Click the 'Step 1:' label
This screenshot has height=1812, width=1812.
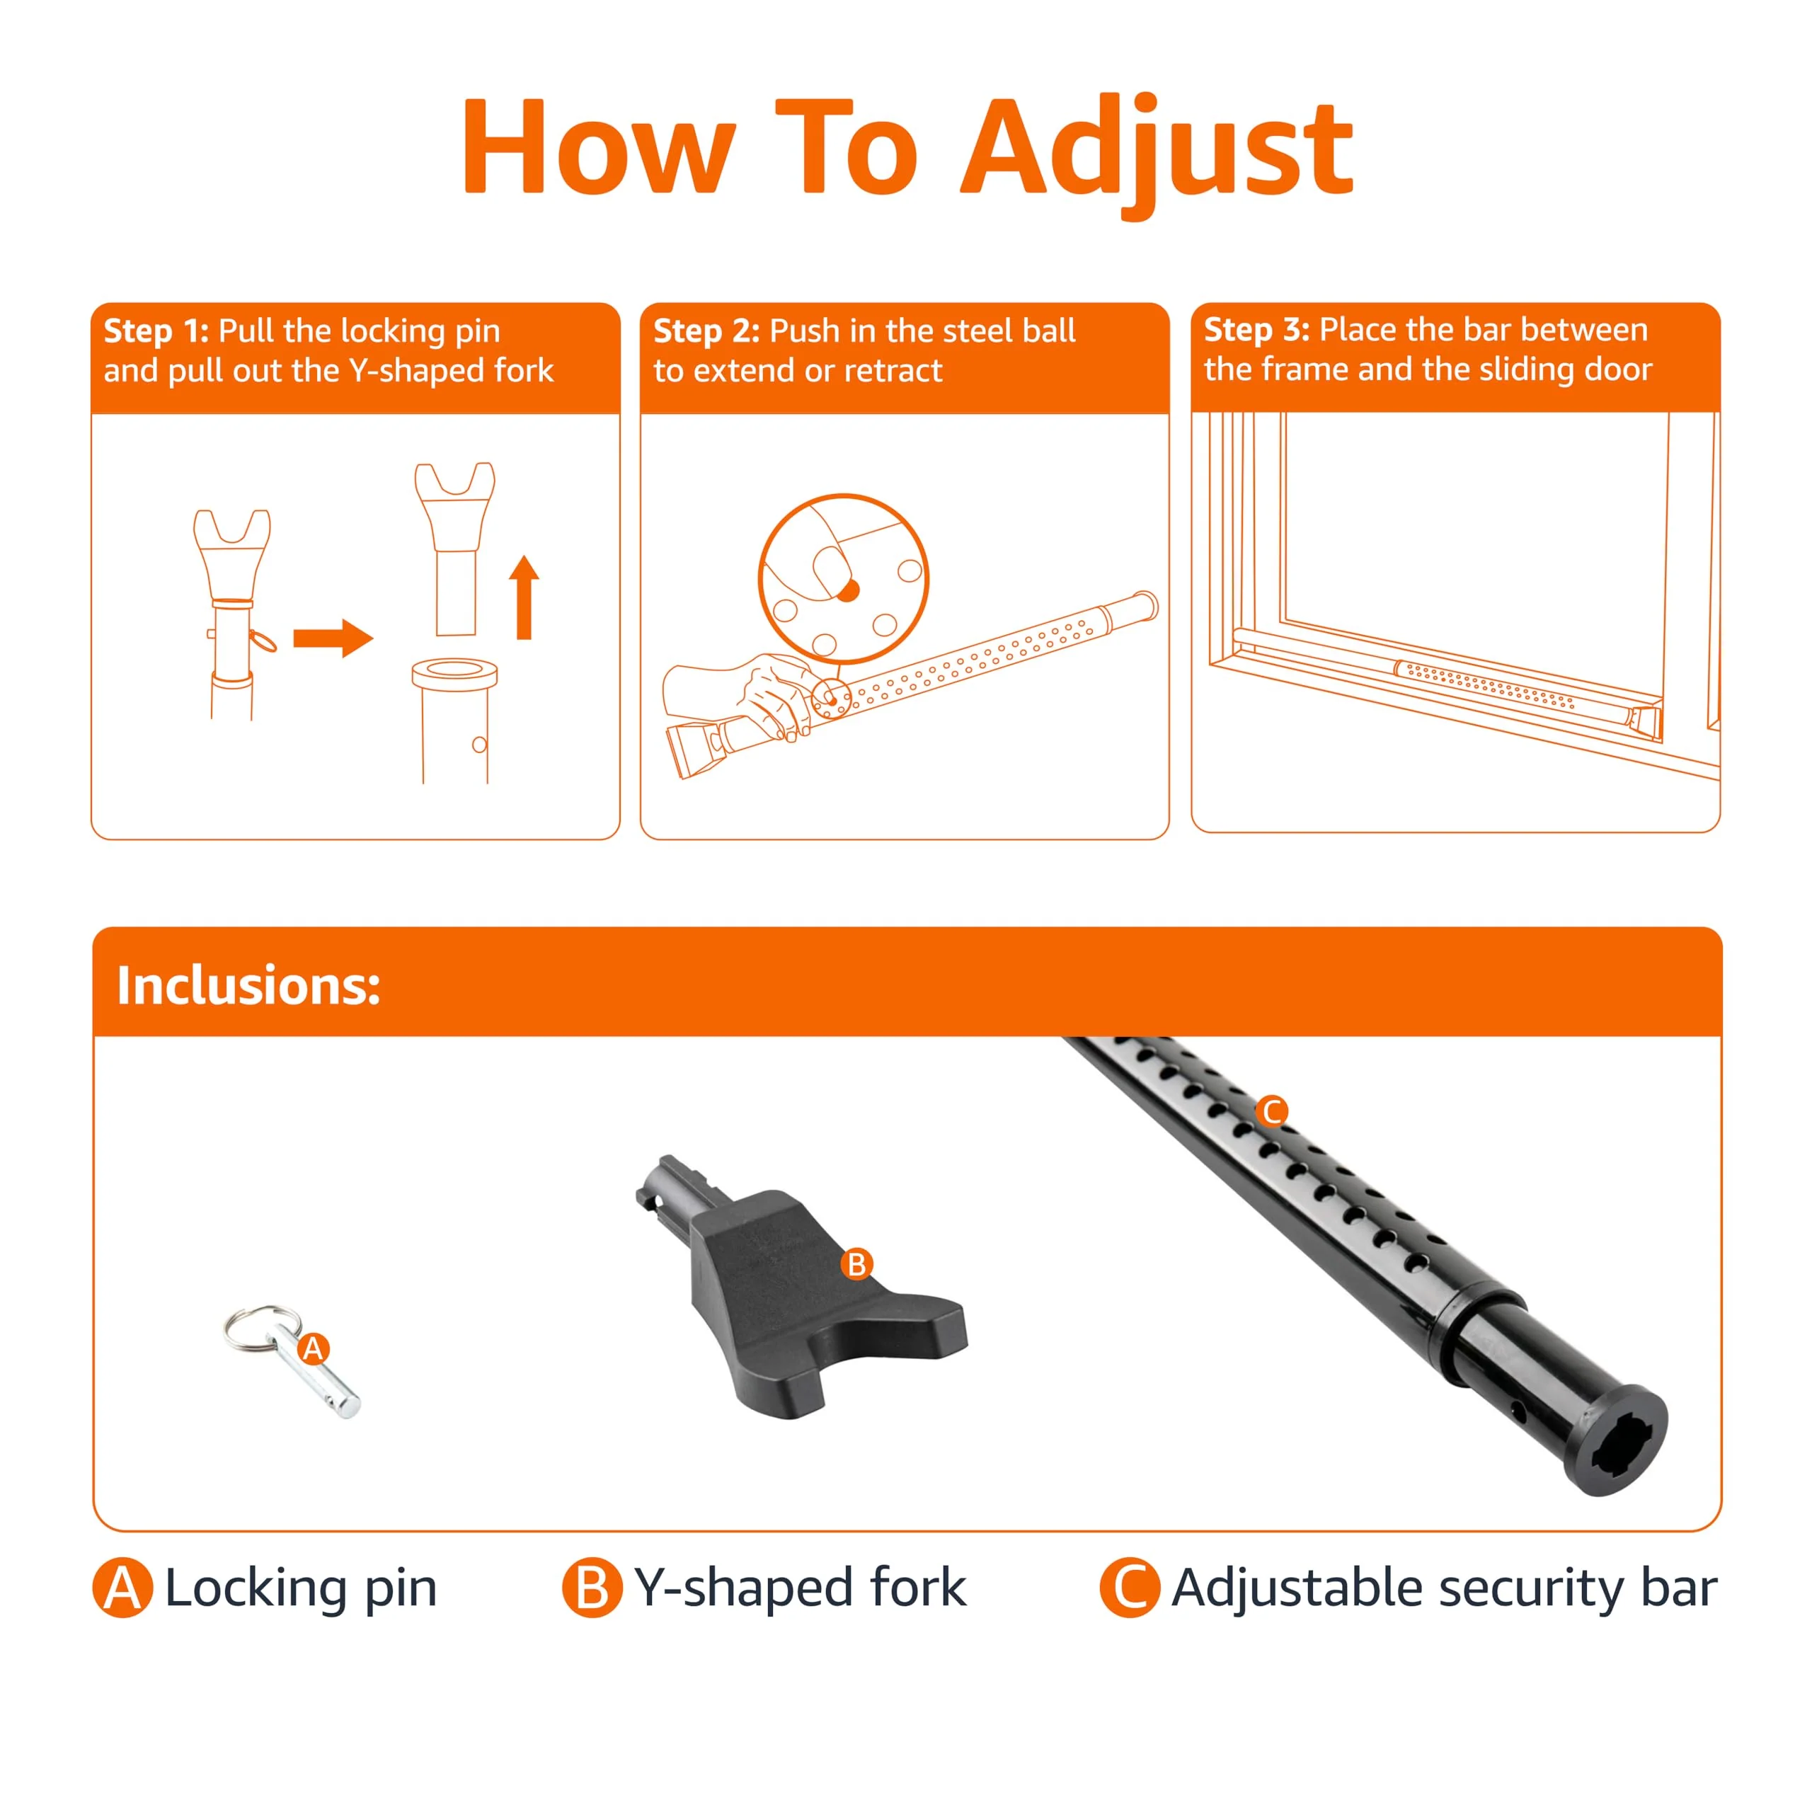click(156, 331)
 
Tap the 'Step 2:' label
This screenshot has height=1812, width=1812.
click(706, 331)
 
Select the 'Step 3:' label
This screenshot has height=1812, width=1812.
click(1257, 330)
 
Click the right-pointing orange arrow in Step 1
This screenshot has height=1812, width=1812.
click(333, 638)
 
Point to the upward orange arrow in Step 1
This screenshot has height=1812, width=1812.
click(524, 597)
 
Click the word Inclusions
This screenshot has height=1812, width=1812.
click(248, 986)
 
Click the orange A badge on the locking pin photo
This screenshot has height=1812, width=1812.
click(314, 1348)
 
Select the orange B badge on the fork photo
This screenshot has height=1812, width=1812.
click(856, 1264)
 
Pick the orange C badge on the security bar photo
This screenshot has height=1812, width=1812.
click(1273, 1111)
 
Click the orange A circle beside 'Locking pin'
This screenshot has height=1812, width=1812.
click(123, 1588)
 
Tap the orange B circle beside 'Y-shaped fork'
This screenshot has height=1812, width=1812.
click(592, 1588)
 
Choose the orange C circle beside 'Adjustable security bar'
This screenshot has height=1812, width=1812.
click(1130, 1588)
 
